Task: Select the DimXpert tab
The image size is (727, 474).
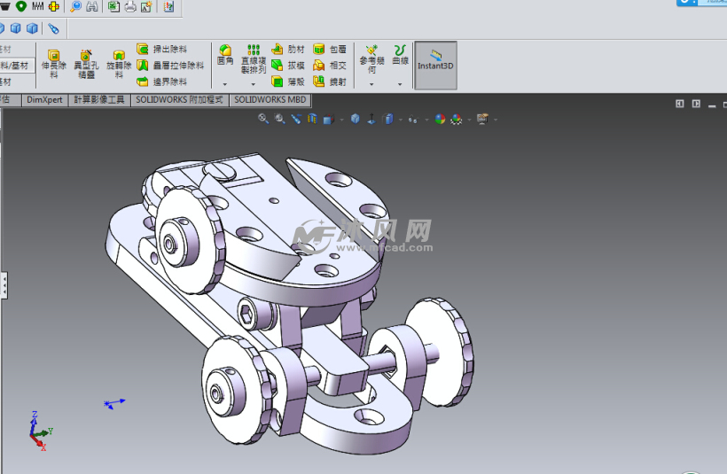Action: [44, 100]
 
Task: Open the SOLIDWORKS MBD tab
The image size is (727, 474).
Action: [270, 100]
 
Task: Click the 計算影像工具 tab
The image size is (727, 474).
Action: [99, 100]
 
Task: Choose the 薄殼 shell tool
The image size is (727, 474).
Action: [278, 82]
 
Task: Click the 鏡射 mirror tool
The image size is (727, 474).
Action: [319, 82]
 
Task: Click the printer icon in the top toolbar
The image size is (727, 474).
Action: [130, 7]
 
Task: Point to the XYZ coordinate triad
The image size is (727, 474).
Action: [38, 431]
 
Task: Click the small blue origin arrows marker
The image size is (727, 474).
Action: [113, 404]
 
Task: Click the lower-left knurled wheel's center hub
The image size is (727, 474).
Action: [218, 390]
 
